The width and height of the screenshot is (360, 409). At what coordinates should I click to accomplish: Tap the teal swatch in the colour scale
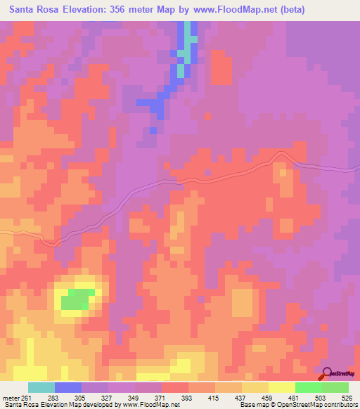coord(41,387)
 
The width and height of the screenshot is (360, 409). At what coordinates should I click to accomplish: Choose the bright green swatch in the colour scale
coord(309,387)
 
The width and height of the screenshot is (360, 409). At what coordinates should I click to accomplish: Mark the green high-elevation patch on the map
coord(75,301)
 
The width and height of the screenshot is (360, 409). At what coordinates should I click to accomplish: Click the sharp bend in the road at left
coord(50,242)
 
